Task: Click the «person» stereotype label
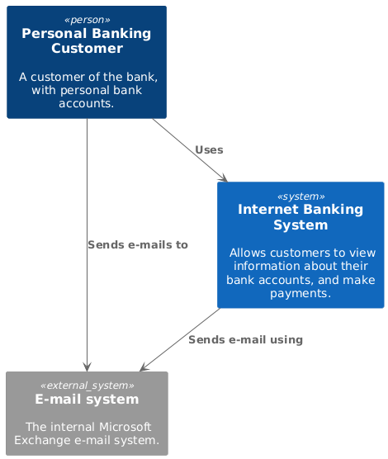pyautogui.click(x=87, y=20)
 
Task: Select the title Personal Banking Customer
pyautogui.click(x=87, y=40)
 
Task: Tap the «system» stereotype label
pyautogui.click(x=300, y=196)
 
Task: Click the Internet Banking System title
pyautogui.click(x=300, y=217)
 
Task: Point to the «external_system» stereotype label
pyautogui.click(x=87, y=386)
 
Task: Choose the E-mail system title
pyautogui.click(x=87, y=400)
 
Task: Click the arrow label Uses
pyautogui.click(x=209, y=150)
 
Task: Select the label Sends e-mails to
pyautogui.click(x=138, y=244)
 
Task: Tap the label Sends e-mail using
pyautogui.click(x=245, y=340)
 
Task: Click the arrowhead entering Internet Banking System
pyautogui.click(x=225, y=179)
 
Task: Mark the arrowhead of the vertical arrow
pyautogui.click(x=87, y=367)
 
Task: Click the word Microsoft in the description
pyautogui.click(x=125, y=427)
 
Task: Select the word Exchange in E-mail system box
pyautogui.click(x=42, y=440)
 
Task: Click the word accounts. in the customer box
pyautogui.click(x=87, y=103)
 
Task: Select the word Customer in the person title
pyautogui.click(x=87, y=49)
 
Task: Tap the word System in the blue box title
pyautogui.click(x=300, y=225)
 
